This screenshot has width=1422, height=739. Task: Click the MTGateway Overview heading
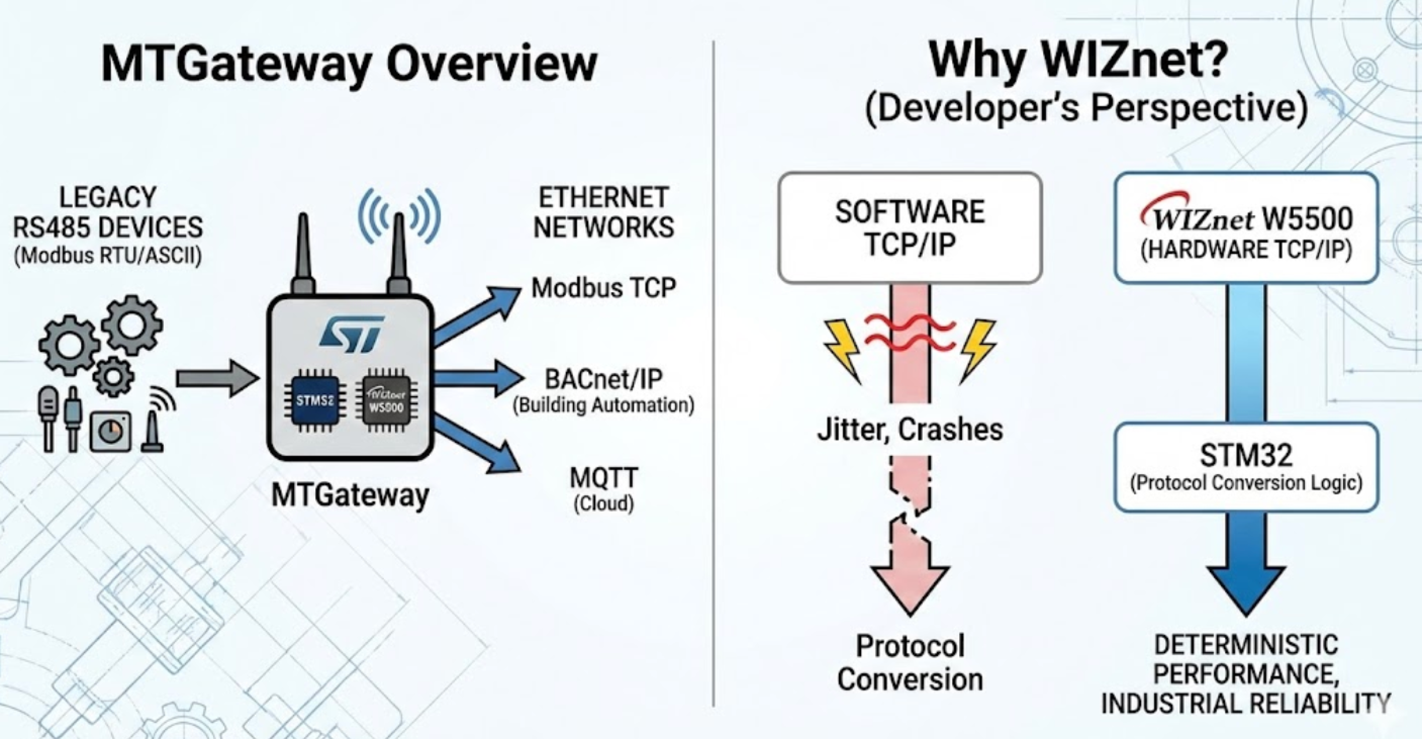pos(349,64)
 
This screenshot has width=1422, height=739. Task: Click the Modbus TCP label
pos(603,288)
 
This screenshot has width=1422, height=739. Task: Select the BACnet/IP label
pos(603,380)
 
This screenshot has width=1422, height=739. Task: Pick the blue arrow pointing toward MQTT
pos(478,445)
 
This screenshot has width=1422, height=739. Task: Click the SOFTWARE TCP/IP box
pos(910,227)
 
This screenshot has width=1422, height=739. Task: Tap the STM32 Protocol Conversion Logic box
pos(1246,467)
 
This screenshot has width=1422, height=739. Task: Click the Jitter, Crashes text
pos(910,430)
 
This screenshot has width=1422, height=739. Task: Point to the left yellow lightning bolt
pos(842,349)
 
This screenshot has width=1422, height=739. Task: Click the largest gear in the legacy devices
pos(132,326)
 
